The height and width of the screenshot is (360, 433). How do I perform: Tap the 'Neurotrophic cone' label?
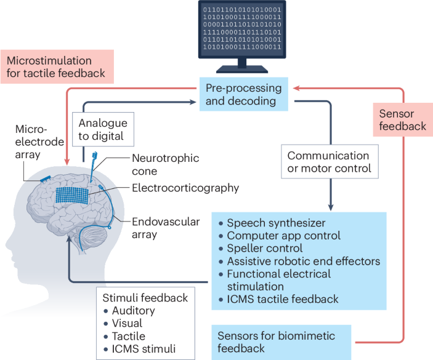pyautogui.click(x=156, y=164)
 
